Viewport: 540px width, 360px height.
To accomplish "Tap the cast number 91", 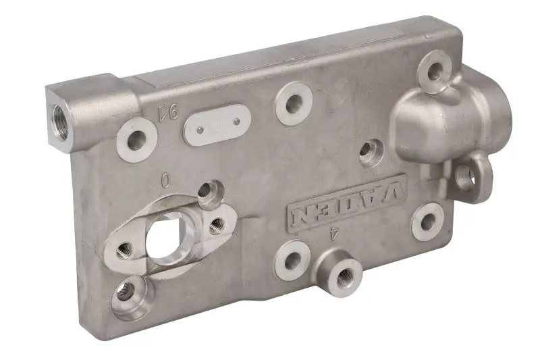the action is (167, 112).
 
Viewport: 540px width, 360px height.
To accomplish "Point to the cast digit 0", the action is (166, 180).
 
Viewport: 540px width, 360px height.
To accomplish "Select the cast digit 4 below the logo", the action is (333, 234).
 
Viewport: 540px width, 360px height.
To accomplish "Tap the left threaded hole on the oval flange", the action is (124, 251).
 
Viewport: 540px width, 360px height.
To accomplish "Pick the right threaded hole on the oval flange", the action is (217, 226).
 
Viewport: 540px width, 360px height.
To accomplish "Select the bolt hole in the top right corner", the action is (435, 70).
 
